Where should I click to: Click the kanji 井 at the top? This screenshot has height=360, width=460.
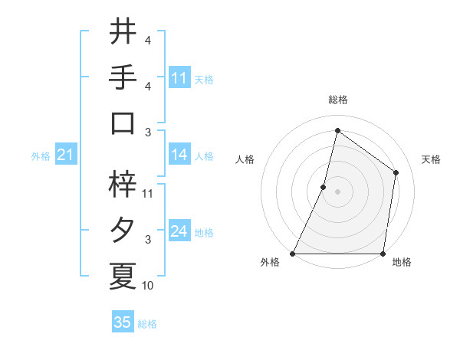coord(123,33)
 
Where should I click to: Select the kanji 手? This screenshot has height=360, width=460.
coord(123,78)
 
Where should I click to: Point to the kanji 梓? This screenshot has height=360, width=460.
coord(123,184)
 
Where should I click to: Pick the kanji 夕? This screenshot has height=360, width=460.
coord(123,231)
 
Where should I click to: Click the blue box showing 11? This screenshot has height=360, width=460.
coord(179,78)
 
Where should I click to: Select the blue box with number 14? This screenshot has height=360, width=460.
coord(179,155)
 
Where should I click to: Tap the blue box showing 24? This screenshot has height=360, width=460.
coord(179,232)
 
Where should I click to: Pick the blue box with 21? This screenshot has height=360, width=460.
coord(66,155)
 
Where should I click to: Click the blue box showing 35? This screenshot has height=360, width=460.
coord(123,322)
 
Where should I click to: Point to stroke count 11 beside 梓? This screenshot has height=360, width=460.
coord(149,194)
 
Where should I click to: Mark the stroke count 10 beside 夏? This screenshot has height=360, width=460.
coord(148,286)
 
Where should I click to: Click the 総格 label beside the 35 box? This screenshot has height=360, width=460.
coord(148,324)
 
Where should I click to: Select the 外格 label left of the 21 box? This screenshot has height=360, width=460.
coord(41,156)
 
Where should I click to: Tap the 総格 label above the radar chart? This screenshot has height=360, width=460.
coord(337,100)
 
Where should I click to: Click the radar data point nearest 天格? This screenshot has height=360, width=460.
coord(396,172)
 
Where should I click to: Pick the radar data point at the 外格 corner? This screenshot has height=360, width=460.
coord(293,254)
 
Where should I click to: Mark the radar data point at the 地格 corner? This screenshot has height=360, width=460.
coord(383,254)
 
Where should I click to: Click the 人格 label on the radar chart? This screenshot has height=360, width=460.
coord(245,159)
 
